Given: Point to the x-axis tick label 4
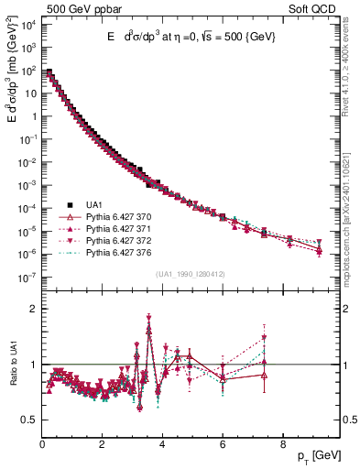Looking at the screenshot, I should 162,445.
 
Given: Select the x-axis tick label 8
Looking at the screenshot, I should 282,445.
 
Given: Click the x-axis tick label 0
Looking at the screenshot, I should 42,445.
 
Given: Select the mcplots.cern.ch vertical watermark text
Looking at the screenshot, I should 351,211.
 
